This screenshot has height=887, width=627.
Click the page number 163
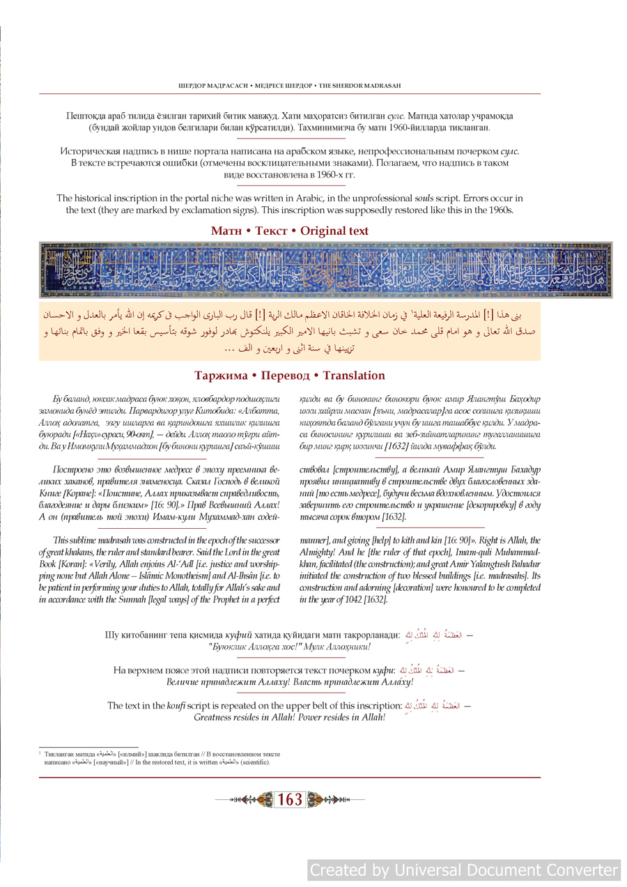[x=290, y=800]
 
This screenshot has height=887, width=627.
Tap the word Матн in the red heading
[x=226, y=231]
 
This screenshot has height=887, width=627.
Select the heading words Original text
[x=334, y=231]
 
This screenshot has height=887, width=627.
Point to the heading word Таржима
[x=221, y=376]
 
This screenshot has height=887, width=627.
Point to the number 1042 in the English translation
[x=351, y=599]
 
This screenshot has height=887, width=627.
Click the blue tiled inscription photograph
[x=325, y=270]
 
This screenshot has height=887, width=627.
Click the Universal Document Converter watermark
[x=464, y=870]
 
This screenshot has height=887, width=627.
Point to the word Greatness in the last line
[x=217, y=717]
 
